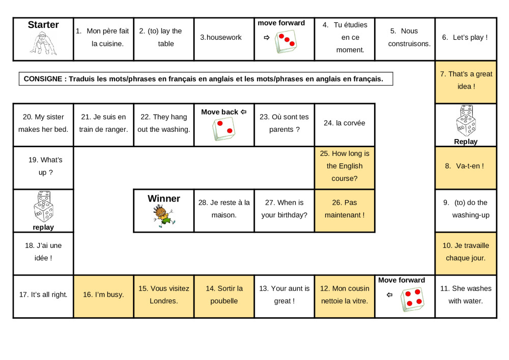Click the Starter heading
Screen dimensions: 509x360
pos(43,24)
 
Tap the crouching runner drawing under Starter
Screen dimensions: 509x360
pos(43,43)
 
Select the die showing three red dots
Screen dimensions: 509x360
pos(286,41)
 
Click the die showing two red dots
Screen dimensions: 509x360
pos(223,129)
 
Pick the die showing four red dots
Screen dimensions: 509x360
pos(412,299)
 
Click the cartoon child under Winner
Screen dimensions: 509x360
pos(164,216)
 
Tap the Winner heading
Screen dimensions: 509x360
pos(163,199)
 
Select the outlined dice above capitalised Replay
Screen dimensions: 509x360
pos(466,121)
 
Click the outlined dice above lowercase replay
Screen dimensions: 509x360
pos(43,206)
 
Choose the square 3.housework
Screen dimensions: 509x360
pos(224,39)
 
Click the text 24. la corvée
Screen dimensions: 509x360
pos(345,123)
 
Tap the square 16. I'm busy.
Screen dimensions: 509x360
pos(103,297)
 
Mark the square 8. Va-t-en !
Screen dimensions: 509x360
pos(466,168)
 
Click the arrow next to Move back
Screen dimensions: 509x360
pos(243,112)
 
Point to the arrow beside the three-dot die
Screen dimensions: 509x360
pos(267,38)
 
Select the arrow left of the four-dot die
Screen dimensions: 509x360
pos(389,295)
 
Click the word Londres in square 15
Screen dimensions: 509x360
pos(163,301)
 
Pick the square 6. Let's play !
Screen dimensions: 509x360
pos(466,39)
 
